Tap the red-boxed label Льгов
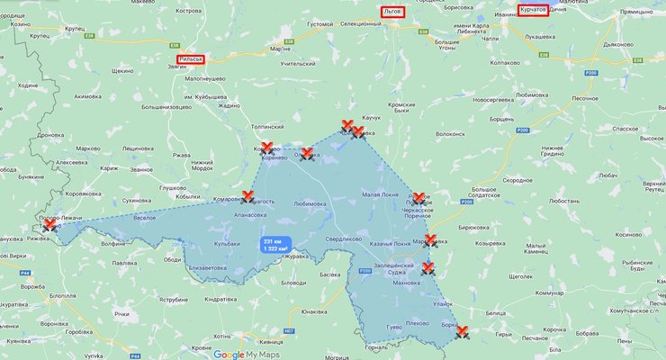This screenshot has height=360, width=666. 391,12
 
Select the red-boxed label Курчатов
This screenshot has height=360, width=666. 533,10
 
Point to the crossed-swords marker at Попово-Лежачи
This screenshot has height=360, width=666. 50,224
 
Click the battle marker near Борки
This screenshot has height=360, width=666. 463,330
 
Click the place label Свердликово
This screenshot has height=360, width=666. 344,239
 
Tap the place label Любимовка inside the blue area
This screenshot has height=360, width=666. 310,204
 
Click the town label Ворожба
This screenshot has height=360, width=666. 34,286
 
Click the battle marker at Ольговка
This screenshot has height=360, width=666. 307,154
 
